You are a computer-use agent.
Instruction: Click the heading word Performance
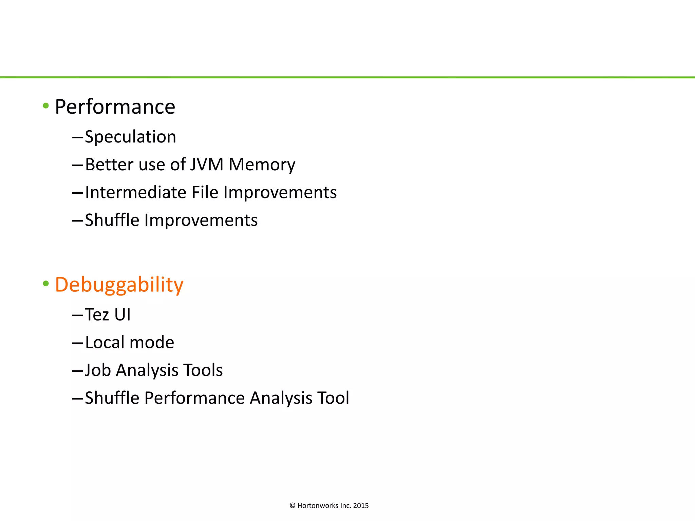click(x=115, y=107)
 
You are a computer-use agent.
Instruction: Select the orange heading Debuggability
click(x=119, y=285)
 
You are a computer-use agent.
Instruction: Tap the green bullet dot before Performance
click(x=46, y=106)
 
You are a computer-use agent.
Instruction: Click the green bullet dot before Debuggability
click(x=46, y=284)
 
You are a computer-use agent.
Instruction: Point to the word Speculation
click(x=131, y=137)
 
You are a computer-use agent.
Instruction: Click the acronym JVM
click(x=207, y=165)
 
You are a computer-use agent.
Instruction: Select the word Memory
click(x=262, y=165)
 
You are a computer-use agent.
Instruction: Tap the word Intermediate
click(x=136, y=192)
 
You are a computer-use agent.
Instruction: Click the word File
click(x=205, y=192)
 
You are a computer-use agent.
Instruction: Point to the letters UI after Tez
click(x=123, y=315)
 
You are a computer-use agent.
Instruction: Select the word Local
click(x=105, y=343)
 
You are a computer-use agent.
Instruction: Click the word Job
click(x=98, y=370)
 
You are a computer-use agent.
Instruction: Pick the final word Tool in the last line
click(x=333, y=398)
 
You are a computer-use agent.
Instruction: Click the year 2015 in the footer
click(x=361, y=506)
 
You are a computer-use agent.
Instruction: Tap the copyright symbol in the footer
click(x=293, y=506)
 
